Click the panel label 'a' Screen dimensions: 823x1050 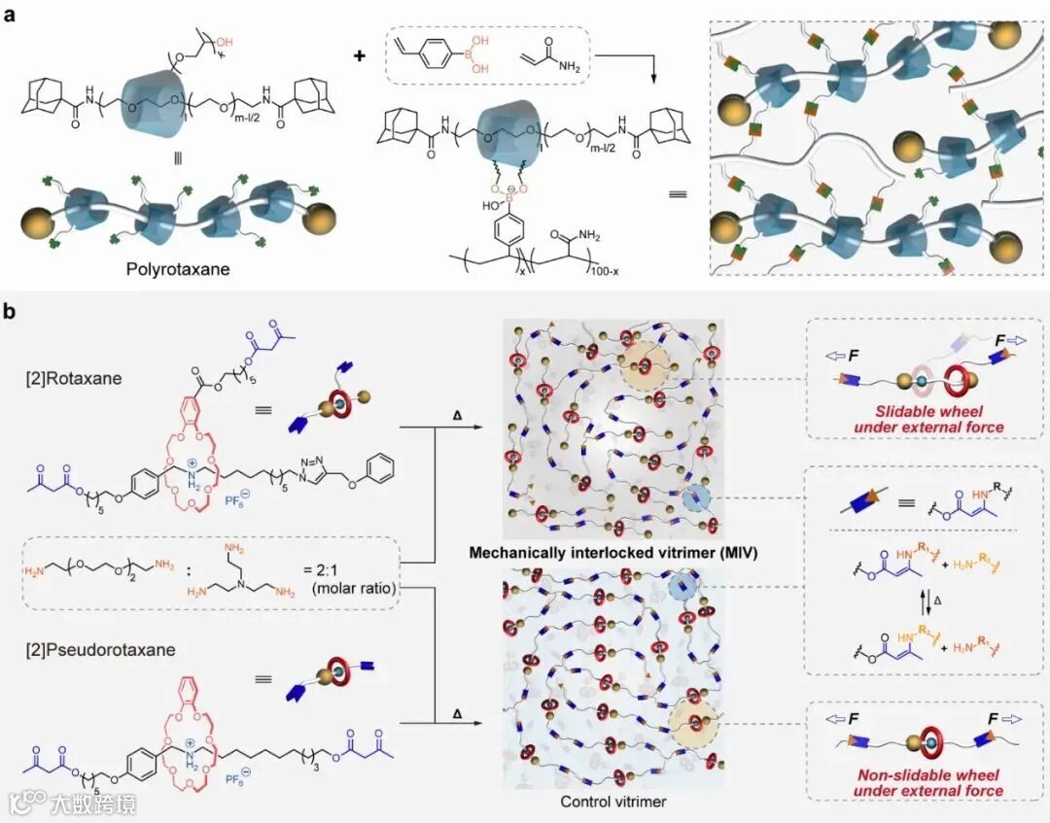tap(12, 16)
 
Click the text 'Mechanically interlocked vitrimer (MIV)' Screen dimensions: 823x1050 tap(612, 553)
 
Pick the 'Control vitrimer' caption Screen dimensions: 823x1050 tap(612, 802)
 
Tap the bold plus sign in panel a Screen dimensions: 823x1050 tap(360, 55)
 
